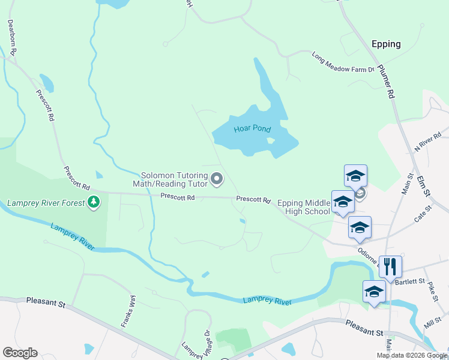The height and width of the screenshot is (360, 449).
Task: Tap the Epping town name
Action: pyautogui.click(x=386, y=44)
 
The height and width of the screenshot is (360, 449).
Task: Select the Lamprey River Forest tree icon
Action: pyautogui.click(x=93, y=203)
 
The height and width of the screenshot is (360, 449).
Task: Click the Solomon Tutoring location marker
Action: pyautogui.click(x=217, y=179)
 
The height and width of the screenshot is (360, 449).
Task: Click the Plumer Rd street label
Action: pyautogui.click(x=386, y=82)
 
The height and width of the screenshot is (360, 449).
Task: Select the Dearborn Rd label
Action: pyautogui.click(x=11, y=36)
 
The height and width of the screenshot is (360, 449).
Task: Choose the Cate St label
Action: pyautogui.click(x=423, y=214)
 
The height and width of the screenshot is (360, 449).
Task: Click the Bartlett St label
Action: pyautogui.click(x=412, y=281)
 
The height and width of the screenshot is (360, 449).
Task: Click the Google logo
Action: pyautogui.click(x=20, y=353)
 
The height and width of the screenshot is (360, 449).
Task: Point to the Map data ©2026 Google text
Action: pyautogui.click(x=412, y=355)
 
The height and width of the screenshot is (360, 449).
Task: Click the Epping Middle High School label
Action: pyautogui.click(x=300, y=207)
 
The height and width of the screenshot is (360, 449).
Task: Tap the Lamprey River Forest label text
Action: pyautogui.click(x=46, y=203)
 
